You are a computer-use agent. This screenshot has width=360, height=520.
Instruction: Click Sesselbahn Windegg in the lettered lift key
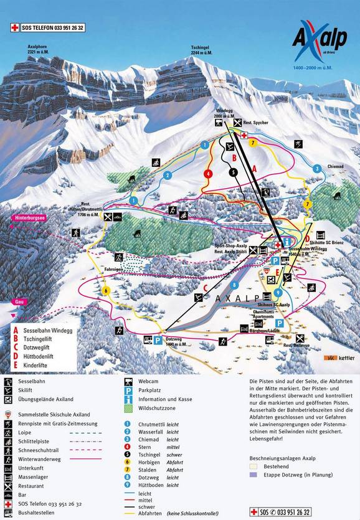click(50, 331)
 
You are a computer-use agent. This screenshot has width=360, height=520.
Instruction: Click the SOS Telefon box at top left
click(47, 27)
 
